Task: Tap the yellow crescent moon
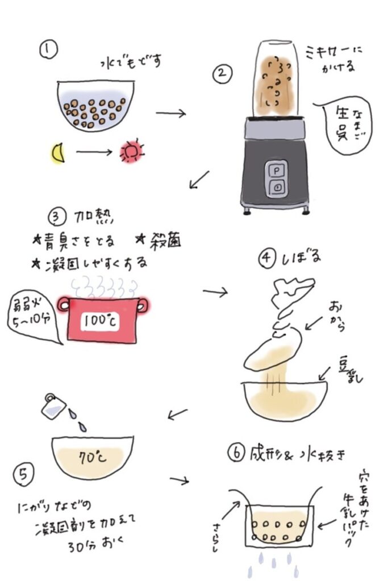58,153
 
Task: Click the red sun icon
131,152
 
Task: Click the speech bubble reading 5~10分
34,318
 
